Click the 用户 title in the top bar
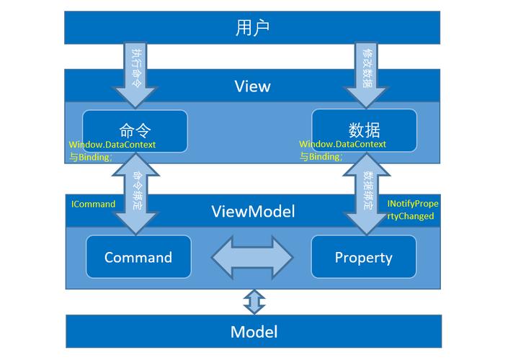point(252,28)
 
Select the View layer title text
point(252,86)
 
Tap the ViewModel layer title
point(253,212)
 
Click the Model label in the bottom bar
point(254,332)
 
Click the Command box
point(138,257)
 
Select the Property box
point(363,257)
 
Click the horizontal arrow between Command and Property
point(251,258)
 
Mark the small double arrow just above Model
point(254,301)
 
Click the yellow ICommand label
point(93,204)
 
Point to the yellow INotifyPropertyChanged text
point(412,210)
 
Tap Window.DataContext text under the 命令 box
point(112,145)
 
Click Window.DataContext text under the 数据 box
point(343,145)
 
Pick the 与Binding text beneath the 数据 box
point(321,157)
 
